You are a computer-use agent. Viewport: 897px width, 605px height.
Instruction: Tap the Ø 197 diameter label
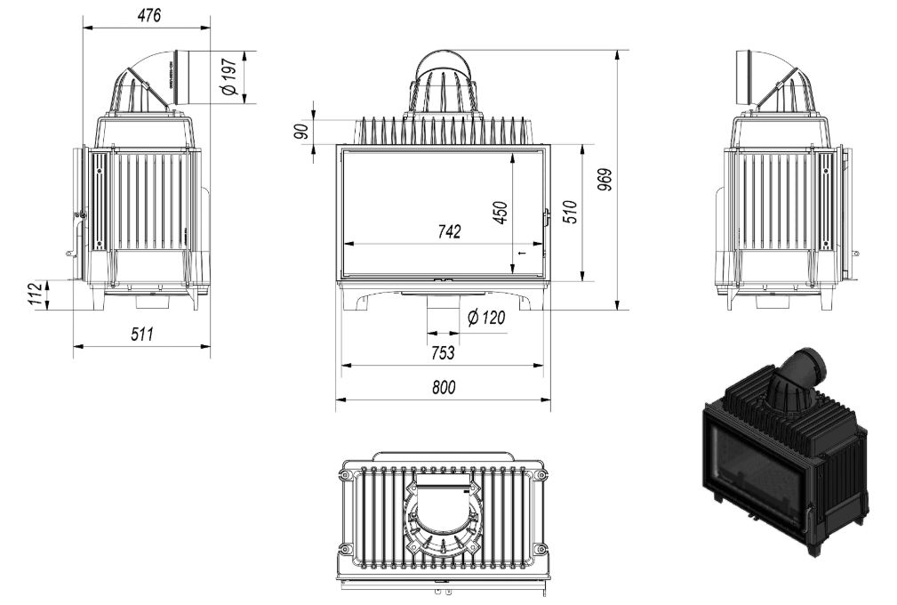click(228, 77)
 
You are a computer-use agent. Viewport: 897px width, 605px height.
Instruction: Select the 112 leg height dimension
click(36, 294)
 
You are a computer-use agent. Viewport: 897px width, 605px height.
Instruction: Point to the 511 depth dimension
click(142, 334)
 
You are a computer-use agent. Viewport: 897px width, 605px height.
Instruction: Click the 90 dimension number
click(302, 131)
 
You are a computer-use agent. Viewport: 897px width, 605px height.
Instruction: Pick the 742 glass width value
click(449, 231)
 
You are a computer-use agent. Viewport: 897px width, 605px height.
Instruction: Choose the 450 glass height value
click(501, 213)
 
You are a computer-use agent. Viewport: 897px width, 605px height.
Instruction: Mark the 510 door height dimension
click(571, 212)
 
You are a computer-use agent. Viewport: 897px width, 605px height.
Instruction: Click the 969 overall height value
click(605, 181)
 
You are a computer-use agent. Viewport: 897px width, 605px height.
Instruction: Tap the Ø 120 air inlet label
click(486, 317)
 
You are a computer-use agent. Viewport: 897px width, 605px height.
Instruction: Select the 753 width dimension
click(443, 352)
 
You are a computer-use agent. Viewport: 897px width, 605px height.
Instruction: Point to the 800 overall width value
click(444, 388)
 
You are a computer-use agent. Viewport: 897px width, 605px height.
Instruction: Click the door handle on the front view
click(547, 217)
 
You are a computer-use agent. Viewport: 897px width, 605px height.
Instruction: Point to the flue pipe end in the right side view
click(744, 77)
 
